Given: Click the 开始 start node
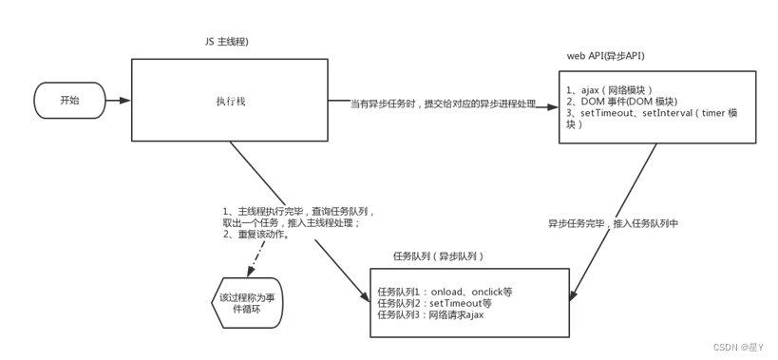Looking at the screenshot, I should pos(69,100).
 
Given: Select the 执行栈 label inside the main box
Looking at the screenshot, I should pos(229,101).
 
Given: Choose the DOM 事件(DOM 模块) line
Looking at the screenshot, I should pos(621,101).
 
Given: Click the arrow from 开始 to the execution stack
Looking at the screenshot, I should pos(118,100).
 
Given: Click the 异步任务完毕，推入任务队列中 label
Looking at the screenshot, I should pos(613,224).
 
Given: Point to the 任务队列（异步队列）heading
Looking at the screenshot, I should pos(439,256).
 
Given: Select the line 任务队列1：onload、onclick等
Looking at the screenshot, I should pos(445,292).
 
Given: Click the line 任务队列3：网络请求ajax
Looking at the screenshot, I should pos(430,314).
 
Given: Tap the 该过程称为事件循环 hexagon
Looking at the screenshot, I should pos(246,303).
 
